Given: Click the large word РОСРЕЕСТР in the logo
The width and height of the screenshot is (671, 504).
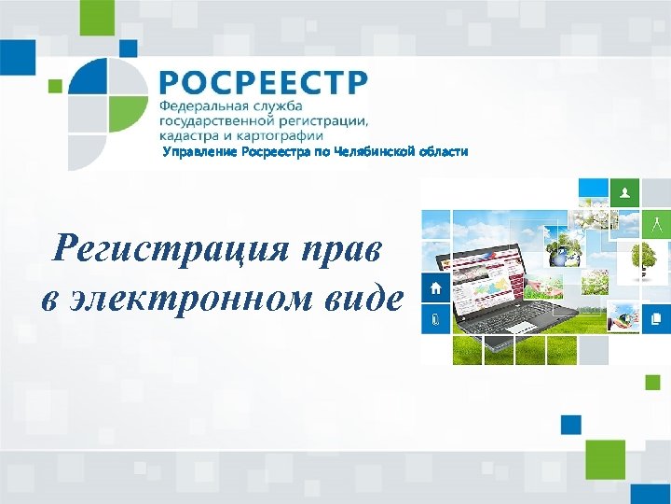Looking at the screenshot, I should (x=263, y=81).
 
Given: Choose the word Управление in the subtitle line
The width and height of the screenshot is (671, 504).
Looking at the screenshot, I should (x=200, y=151).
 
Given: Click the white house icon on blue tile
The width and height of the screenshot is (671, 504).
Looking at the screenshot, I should (x=435, y=287).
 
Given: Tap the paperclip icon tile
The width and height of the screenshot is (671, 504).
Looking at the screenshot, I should (x=435, y=319).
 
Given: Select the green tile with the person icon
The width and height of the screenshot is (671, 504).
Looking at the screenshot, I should (x=624, y=193).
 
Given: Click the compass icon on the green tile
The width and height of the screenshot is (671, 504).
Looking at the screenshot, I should (x=656, y=224).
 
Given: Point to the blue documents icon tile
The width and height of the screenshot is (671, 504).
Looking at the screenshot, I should (x=656, y=318).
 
